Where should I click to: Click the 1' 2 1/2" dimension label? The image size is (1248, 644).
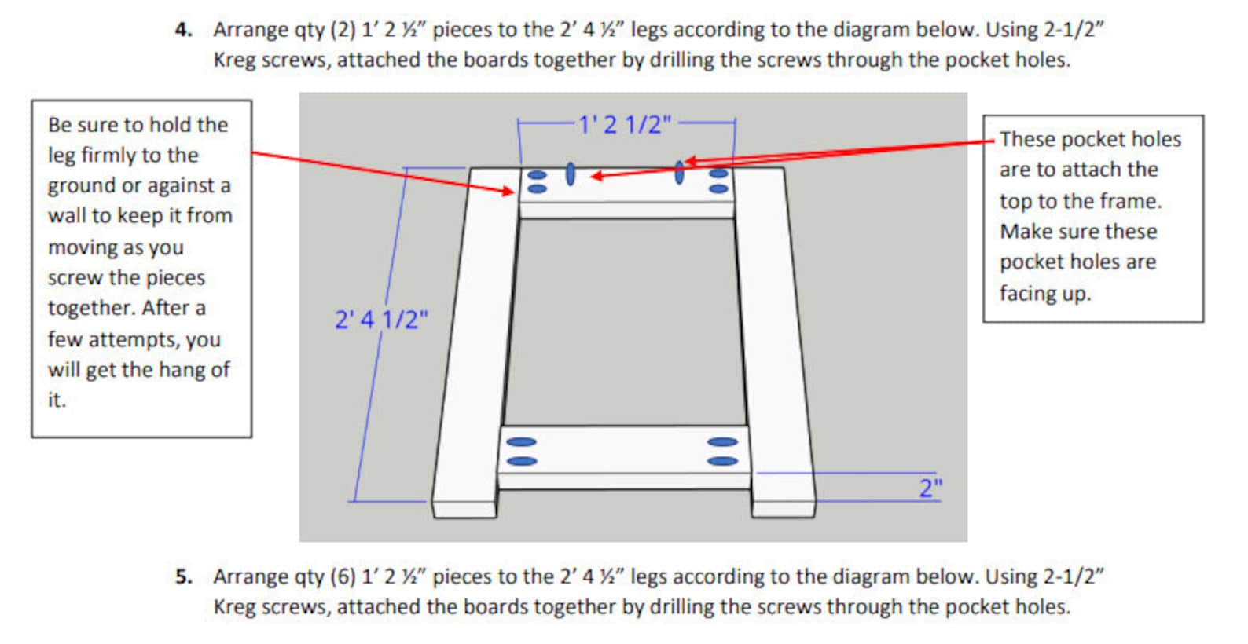[625, 125]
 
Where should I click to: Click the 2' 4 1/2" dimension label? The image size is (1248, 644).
[381, 320]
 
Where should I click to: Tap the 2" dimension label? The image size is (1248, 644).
[930, 488]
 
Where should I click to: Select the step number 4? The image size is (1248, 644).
[182, 30]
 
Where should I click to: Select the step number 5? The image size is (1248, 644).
[182, 576]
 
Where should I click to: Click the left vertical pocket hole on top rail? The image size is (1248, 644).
[571, 174]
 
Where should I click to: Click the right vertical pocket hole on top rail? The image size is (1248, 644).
[679, 173]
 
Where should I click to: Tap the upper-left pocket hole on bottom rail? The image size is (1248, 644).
[521, 442]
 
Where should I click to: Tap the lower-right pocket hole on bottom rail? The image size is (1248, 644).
[722, 461]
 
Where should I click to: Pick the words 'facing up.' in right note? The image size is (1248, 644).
[1044, 294]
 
